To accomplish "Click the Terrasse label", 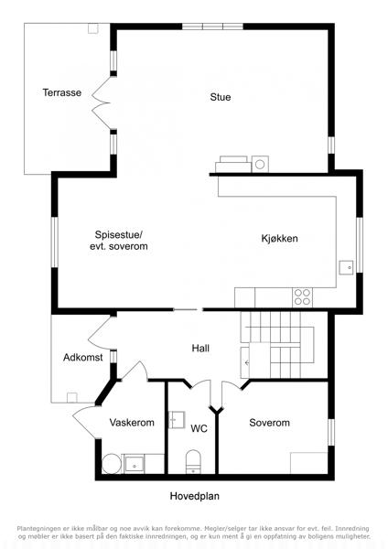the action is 62,92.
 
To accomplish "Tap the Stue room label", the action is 221,97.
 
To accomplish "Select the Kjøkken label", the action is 279,239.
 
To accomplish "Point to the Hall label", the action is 200,348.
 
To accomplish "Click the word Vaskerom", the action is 132,422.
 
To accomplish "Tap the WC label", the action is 199,428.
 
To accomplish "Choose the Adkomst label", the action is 83,358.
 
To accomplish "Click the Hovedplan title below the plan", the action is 195,496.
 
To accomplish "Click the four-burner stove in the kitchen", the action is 303,297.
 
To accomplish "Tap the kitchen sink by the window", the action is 346,267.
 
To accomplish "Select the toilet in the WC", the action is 193,461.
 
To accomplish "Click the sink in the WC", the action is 177,420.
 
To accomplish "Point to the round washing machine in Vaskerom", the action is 112,464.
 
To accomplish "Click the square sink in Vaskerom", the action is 135,464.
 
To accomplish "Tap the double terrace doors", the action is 102,102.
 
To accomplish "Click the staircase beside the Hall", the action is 276,345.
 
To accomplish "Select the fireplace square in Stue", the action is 260,164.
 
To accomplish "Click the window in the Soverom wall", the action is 331,433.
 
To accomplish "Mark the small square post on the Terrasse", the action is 92,28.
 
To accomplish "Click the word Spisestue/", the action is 119,234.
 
